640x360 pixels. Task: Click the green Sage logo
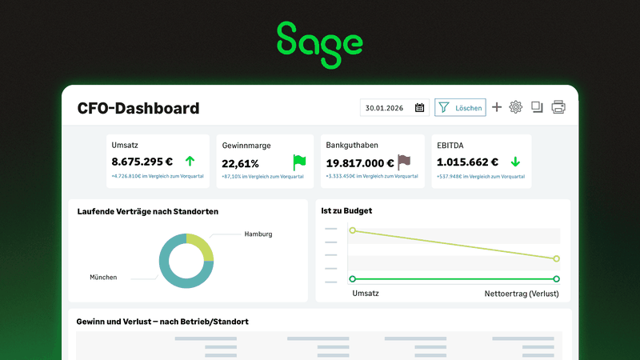pyautogui.click(x=319, y=43)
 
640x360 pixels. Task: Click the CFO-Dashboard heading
pyautogui.click(x=138, y=108)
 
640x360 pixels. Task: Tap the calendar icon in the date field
pyautogui.click(x=420, y=108)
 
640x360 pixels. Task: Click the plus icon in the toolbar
pyautogui.click(x=497, y=107)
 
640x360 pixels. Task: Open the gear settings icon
pyautogui.click(x=516, y=107)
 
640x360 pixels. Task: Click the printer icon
pyautogui.click(x=558, y=107)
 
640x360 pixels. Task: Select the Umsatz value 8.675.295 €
pyautogui.click(x=142, y=162)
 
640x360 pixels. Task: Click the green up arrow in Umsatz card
pyautogui.click(x=190, y=162)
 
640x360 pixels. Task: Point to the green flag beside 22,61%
pyautogui.click(x=299, y=162)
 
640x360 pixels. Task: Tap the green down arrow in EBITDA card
pyautogui.click(x=515, y=162)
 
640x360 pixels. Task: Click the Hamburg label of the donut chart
pyautogui.click(x=258, y=234)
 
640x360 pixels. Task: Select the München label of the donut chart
pyautogui.click(x=103, y=277)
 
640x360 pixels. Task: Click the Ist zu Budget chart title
pyautogui.click(x=346, y=211)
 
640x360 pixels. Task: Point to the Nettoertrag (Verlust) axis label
pyautogui.click(x=522, y=294)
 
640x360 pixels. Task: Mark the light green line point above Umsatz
pyautogui.click(x=352, y=230)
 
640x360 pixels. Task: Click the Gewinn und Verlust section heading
pyautogui.click(x=162, y=322)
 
